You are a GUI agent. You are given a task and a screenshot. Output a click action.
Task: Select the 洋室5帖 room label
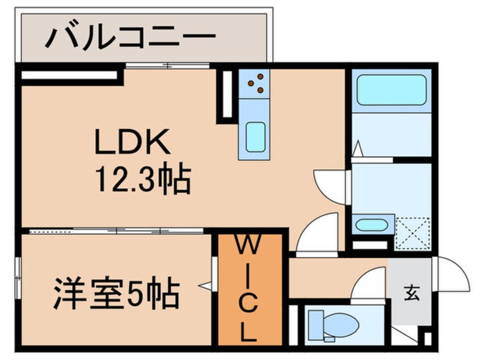(x=116, y=294)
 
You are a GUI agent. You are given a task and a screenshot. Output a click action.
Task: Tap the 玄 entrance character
(x=412, y=294)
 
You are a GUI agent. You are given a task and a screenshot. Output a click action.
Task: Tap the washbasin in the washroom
(x=370, y=224)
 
